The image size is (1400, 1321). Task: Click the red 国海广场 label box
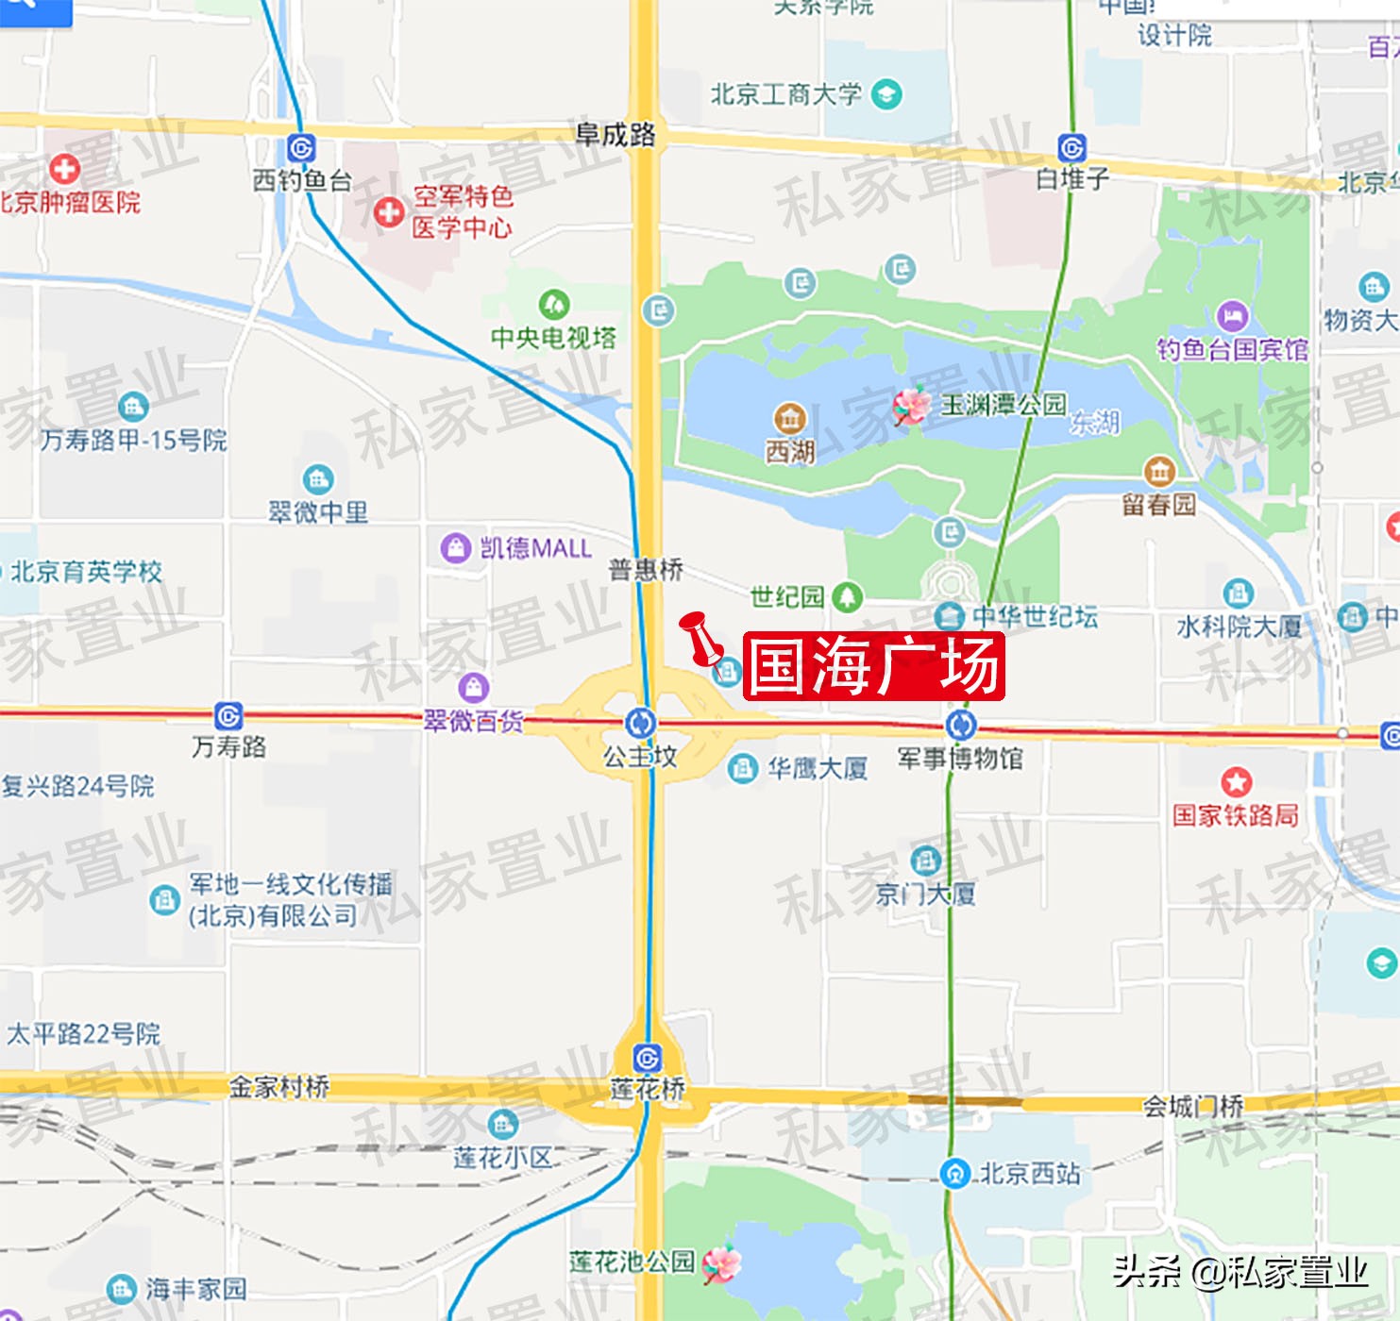click(x=873, y=666)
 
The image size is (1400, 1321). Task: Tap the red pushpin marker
click(x=700, y=636)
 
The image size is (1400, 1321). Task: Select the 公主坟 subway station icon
click(x=641, y=724)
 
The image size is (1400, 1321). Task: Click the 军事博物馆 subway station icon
click(x=961, y=725)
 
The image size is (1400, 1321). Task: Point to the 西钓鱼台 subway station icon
click(x=301, y=148)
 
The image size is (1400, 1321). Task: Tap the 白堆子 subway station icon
click(x=1072, y=148)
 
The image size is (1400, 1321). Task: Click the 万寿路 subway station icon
click(x=228, y=715)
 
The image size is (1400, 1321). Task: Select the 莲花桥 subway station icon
click(x=647, y=1058)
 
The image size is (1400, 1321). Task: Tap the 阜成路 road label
click(x=616, y=134)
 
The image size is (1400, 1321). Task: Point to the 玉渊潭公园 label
click(x=1004, y=405)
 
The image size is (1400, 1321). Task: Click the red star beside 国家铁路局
click(x=1236, y=782)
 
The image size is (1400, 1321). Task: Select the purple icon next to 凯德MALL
click(x=456, y=547)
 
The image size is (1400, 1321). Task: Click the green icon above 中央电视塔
click(x=553, y=304)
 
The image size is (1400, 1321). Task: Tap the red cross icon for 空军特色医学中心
click(x=388, y=212)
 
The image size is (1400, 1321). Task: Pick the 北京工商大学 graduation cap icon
click(x=886, y=94)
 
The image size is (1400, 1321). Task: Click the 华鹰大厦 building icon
click(x=743, y=769)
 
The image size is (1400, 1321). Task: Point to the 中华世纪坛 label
click(x=1035, y=617)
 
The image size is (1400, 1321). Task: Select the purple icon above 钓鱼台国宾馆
click(x=1232, y=316)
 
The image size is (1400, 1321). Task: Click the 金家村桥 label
click(x=279, y=1087)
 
